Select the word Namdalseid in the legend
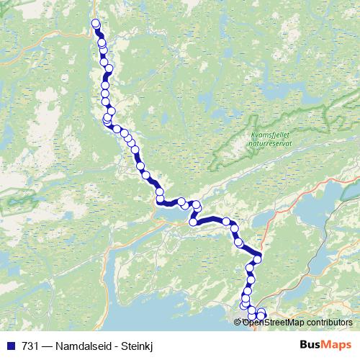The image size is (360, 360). [x=78, y=346]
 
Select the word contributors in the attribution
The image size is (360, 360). [x=329, y=322]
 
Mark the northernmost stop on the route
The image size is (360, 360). [x=96, y=24]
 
